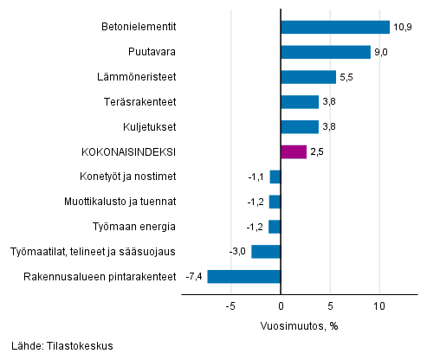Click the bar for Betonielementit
tap(335, 28)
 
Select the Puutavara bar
tap(326, 53)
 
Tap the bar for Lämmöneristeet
tap(308, 78)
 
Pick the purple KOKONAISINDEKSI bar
tap(294, 152)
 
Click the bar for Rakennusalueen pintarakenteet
tap(244, 277)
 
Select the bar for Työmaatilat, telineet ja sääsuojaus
tap(266, 252)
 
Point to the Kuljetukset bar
tap(300, 127)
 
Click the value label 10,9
tap(402, 28)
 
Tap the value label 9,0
tap(382, 53)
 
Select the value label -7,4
tap(194, 277)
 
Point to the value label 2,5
tap(318, 152)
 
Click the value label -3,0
tap(238, 252)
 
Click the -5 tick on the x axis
tap(231, 306)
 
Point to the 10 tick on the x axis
tap(379, 306)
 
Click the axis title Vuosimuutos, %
tap(298, 326)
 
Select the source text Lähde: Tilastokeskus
tap(58, 346)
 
